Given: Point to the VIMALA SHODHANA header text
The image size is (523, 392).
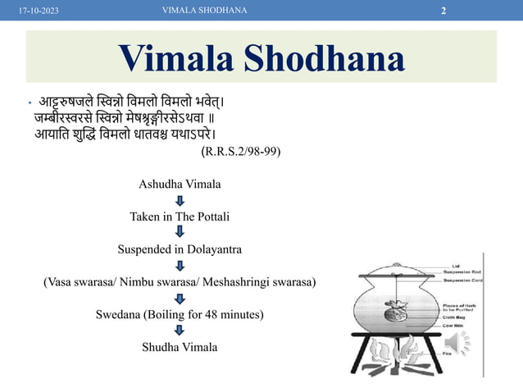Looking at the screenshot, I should point(206,10).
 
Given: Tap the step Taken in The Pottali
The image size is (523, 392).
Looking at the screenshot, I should point(180,217).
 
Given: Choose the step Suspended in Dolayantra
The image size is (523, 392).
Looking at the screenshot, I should point(180,248).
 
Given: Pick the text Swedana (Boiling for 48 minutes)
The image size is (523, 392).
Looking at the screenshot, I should point(180,314).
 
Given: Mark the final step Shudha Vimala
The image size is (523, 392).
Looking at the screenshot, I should point(180,347).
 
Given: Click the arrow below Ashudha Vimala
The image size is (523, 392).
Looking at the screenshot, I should point(180,201).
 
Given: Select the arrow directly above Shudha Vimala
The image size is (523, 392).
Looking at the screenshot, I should point(180,330).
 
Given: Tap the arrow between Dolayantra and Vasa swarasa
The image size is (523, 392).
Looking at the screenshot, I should point(180,265).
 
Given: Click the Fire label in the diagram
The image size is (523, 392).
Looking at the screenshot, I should point(447,353).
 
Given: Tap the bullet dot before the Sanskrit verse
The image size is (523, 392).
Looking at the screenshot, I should point(29,105).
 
